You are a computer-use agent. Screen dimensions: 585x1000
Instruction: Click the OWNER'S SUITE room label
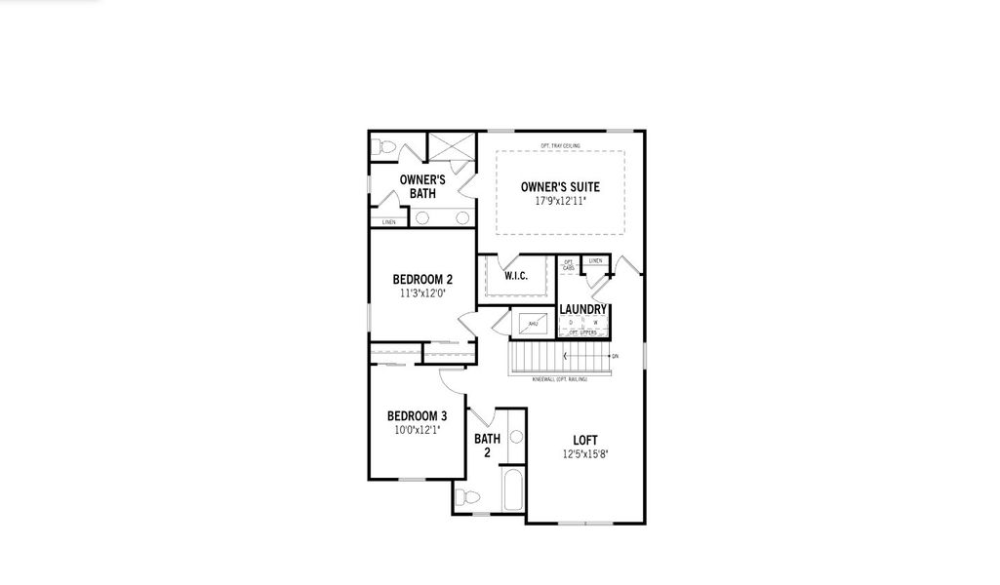(560, 187)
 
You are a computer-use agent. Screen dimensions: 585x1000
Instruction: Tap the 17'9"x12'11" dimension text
(560, 201)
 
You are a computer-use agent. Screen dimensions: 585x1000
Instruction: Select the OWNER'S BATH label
(422, 186)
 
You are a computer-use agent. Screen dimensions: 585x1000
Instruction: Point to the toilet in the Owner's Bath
(383, 148)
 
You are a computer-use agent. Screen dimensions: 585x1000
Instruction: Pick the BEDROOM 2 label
(422, 278)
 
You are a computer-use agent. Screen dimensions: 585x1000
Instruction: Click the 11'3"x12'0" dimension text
(422, 292)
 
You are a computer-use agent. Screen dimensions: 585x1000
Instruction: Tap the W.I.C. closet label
(516, 276)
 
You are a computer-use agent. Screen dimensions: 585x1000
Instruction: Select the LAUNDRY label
(583, 310)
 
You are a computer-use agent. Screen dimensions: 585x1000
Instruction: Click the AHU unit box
(533, 324)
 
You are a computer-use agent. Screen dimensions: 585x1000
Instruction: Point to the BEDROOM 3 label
(417, 414)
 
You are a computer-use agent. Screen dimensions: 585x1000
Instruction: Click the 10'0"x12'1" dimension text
(417, 428)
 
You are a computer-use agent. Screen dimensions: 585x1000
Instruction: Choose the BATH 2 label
(487, 446)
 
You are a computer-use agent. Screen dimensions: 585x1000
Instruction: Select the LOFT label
(585, 440)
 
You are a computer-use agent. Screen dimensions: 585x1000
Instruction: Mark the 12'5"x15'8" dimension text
(585, 453)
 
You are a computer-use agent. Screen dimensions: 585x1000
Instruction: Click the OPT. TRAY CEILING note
(560, 145)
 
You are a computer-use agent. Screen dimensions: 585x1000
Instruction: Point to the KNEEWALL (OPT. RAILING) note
(560, 378)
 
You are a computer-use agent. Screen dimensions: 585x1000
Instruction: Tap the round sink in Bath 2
(517, 438)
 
